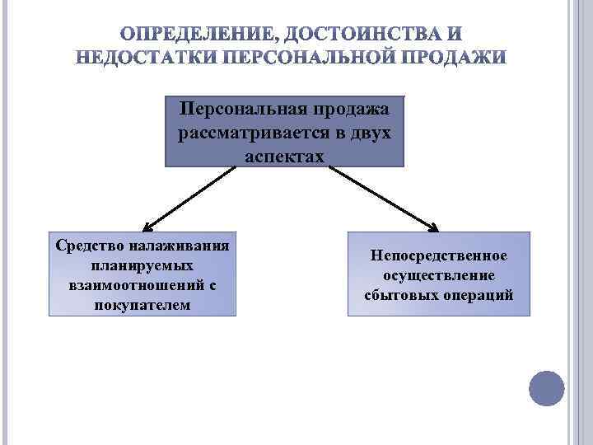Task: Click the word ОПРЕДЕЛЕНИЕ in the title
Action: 197,35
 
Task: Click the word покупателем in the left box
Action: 142,305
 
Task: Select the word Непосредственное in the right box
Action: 438,256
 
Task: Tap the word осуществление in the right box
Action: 438,275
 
